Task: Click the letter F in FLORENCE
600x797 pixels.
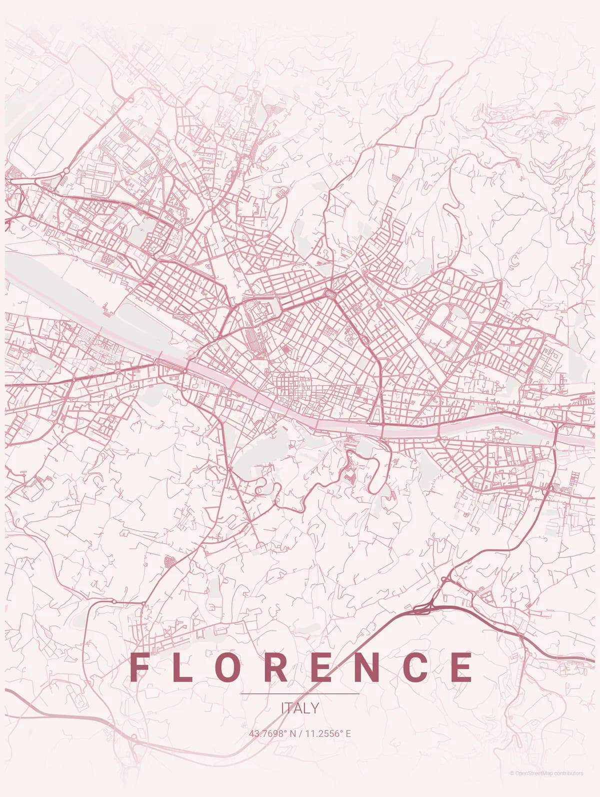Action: [139, 667]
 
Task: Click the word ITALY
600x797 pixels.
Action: [300, 708]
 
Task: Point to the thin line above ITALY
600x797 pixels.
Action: [300, 694]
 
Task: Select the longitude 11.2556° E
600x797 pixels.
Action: [328, 734]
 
